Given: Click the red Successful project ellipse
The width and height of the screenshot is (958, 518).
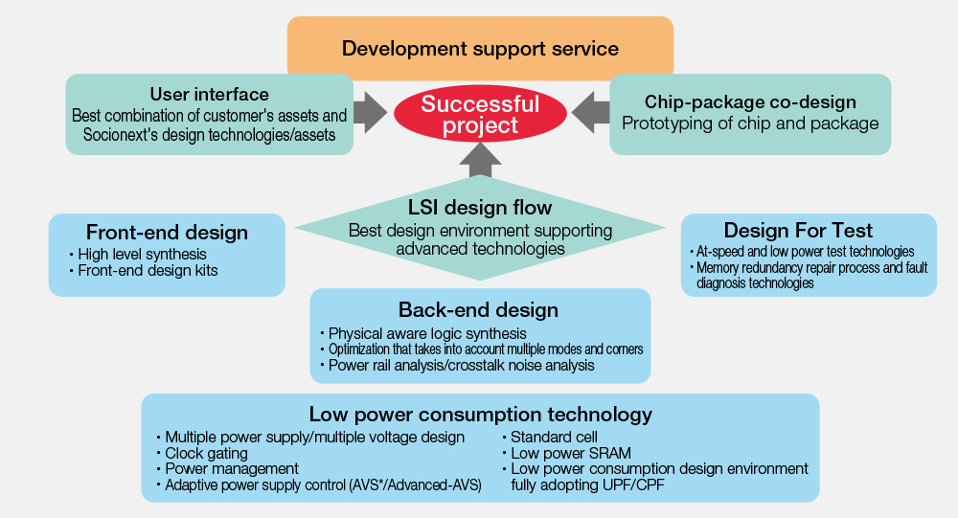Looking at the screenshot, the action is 480,114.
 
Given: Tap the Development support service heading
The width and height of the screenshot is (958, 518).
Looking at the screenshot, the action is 480,48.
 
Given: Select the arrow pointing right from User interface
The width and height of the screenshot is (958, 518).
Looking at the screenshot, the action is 370,113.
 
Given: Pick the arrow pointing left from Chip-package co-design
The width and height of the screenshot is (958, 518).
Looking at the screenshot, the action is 590,113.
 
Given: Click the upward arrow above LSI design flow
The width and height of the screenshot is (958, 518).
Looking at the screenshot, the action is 480,160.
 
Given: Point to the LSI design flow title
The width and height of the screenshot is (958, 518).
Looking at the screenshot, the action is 480,208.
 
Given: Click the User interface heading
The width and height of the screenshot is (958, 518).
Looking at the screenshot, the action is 210,94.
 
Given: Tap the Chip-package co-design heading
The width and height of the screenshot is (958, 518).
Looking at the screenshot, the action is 750,102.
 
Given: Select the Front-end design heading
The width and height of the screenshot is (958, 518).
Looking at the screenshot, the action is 167,232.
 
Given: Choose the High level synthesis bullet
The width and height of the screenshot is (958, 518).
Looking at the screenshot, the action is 138,254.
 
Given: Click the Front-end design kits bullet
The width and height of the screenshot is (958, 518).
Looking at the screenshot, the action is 144,271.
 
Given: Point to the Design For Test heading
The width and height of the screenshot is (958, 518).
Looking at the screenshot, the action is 799,231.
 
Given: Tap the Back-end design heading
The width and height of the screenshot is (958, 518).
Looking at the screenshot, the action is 478,309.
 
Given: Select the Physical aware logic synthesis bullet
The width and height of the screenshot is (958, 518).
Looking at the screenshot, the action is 422,333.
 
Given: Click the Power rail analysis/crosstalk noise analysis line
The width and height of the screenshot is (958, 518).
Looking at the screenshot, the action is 457,366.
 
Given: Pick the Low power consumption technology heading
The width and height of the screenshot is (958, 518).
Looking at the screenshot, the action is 480,415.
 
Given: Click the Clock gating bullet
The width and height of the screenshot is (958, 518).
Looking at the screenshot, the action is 202,453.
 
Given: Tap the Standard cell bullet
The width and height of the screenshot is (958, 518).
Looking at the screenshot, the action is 550,438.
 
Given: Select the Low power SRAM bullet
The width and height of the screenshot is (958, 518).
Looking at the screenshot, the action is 567,453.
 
